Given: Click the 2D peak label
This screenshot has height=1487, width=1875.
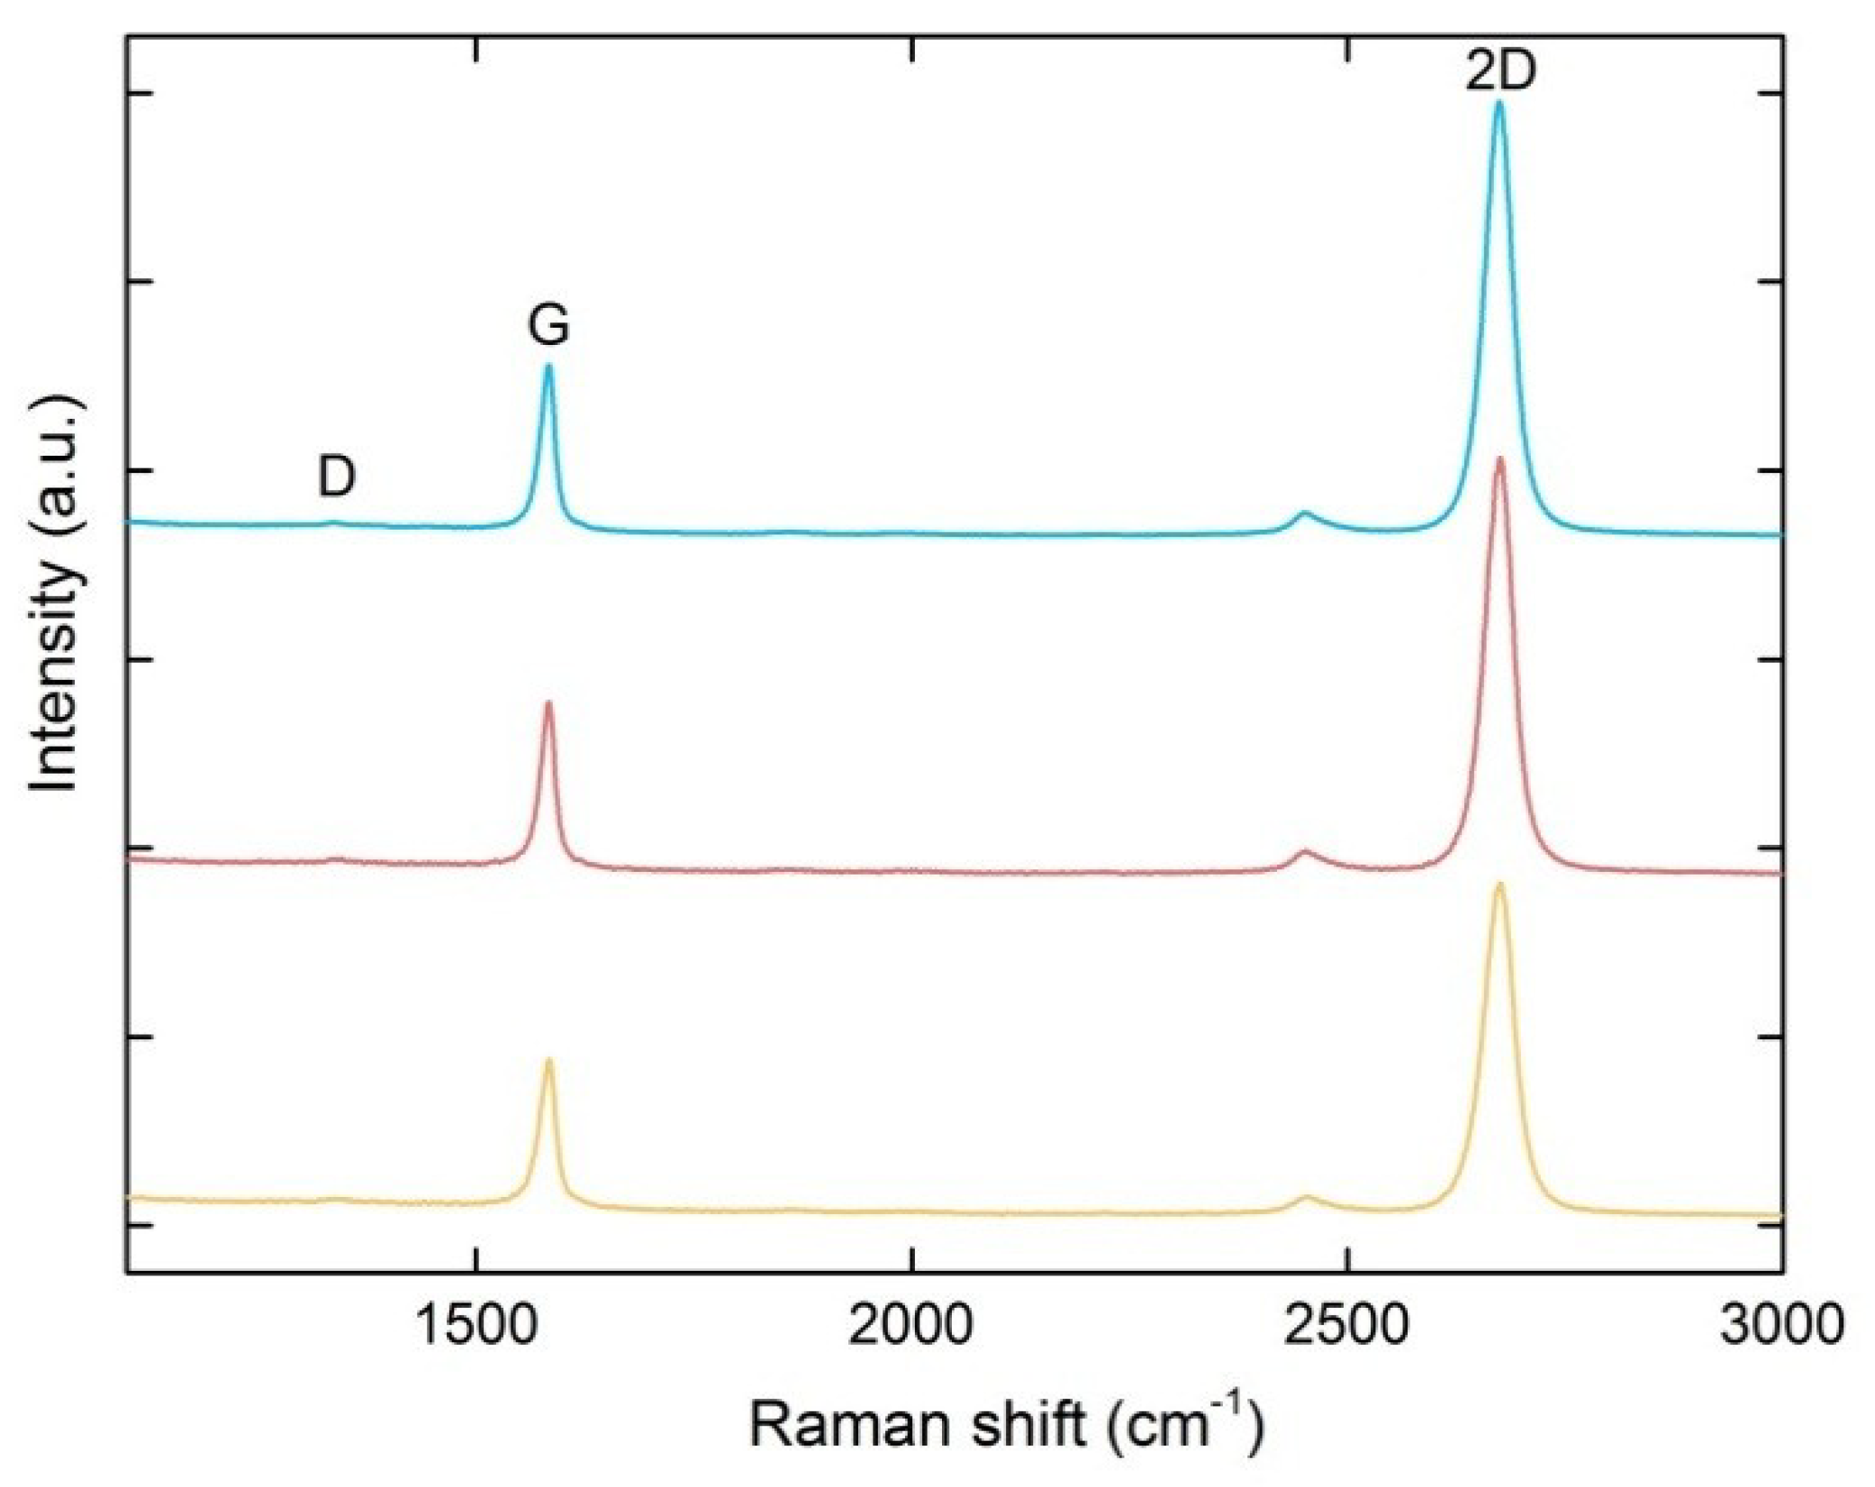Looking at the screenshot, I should pos(1499,72).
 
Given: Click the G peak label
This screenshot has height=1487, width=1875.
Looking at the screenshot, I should pos(548,325).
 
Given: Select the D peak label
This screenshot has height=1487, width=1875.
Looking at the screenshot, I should pos(337,476).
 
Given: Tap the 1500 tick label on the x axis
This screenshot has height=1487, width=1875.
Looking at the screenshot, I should pos(475,1327).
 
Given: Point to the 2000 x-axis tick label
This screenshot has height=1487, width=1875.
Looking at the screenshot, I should pos(911,1327).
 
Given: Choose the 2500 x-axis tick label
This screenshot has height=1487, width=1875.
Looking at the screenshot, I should pos(1347,1327).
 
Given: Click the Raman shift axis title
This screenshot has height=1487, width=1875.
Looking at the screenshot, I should pos(1007,1426).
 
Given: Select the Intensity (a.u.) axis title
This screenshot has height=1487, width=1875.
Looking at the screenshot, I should pos(56,594).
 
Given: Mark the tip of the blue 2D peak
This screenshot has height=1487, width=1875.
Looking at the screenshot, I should pos(1499,104).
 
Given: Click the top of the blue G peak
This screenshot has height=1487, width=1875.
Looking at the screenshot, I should pos(548,367).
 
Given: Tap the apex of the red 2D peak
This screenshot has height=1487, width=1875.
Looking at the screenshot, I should pos(1499,460).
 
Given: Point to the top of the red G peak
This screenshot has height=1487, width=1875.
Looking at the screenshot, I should pos(548,703).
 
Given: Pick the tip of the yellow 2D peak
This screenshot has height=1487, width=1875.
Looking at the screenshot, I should pos(1499,885).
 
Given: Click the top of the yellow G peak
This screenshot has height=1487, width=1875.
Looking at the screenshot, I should pos(548,1061).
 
